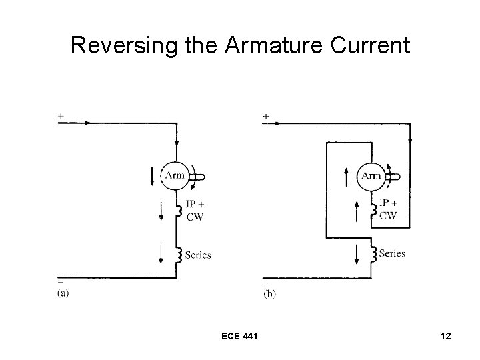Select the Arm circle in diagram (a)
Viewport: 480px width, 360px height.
175,175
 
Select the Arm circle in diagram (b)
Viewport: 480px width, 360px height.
371,175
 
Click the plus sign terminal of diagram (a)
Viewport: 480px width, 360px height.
61,116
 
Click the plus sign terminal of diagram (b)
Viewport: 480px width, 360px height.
266,117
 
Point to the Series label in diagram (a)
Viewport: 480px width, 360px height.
198,255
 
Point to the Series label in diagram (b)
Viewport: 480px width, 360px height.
391,253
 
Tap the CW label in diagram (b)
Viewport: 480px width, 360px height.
387,215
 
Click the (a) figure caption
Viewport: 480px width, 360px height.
63,291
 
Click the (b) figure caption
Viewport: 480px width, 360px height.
269,292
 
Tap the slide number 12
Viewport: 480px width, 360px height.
445,337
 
